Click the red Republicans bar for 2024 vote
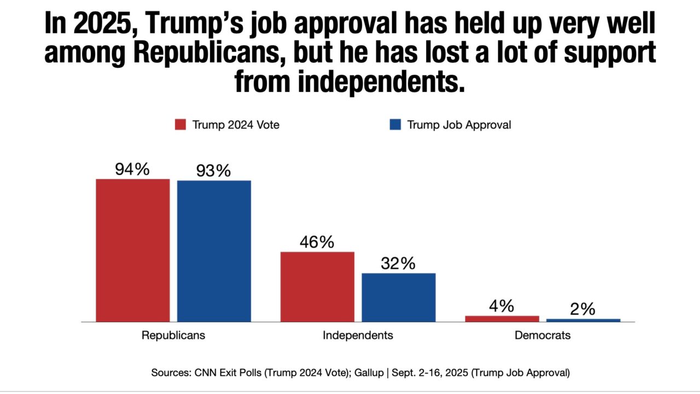click(x=133, y=250)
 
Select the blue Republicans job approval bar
click(x=214, y=251)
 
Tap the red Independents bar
click(x=317, y=287)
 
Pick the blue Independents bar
click(x=399, y=297)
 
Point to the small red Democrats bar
click(x=502, y=318)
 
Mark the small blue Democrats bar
click(x=583, y=320)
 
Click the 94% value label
click(x=132, y=170)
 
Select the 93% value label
click(x=214, y=171)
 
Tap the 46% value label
click(x=317, y=242)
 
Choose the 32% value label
click(x=398, y=264)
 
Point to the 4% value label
click(x=501, y=306)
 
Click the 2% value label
click(x=583, y=309)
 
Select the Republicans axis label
click(x=173, y=335)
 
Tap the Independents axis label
click(x=358, y=335)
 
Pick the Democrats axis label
click(x=542, y=335)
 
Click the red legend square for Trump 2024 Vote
click(x=181, y=125)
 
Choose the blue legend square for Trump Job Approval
click(x=395, y=125)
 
